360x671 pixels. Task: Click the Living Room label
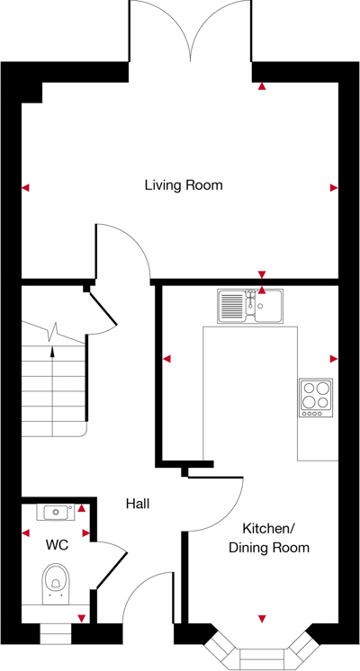point(184,185)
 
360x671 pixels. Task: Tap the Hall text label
point(138,505)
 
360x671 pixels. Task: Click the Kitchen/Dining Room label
point(268,538)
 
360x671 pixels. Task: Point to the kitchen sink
point(249,307)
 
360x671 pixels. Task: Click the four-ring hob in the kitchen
point(316,397)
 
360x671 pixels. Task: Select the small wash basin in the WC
point(56,513)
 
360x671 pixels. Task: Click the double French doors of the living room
point(190,31)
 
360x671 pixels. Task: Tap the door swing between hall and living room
point(121,249)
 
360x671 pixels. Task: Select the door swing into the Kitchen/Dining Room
point(216,504)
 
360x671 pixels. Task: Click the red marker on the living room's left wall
point(25,188)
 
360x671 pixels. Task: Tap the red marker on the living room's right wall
point(334,188)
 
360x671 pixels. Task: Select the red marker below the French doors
point(262,87)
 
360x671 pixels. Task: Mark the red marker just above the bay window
point(262,619)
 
